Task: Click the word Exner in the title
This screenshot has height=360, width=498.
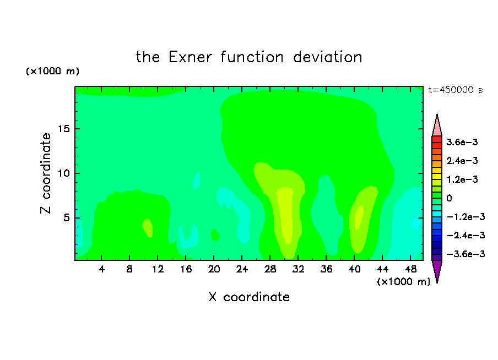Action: [x=190, y=57]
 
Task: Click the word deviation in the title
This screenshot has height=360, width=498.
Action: [x=327, y=57]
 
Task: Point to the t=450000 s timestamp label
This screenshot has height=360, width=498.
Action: [x=456, y=90]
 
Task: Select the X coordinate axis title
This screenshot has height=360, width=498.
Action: [x=249, y=297]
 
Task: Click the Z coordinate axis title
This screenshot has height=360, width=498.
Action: [x=46, y=173]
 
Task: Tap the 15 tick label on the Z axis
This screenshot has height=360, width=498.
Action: [x=63, y=129]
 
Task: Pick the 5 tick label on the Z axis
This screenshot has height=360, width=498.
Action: [x=67, y=218]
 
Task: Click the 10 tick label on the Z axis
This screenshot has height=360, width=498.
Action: [x=63, y=173]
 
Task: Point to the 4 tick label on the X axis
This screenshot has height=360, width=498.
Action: [x=101, y=269]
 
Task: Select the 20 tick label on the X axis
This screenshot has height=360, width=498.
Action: [x=214, y=269]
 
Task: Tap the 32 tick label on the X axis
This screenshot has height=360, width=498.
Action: [x=298, y=269]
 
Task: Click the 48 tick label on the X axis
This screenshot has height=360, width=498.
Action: [x=410, y=269]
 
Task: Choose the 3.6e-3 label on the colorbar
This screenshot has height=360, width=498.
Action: [x=462, y=142]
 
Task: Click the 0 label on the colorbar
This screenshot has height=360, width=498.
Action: [x=449, y=198]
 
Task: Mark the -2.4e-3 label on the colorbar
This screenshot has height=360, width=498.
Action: [x=465, y=235]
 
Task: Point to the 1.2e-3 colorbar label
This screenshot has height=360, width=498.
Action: [x=462, y=179]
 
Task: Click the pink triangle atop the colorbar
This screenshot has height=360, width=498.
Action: [x=437, y=127]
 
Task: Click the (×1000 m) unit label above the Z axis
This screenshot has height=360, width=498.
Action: [x=52, y=71]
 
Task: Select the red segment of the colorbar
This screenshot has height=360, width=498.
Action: [x=437, y=139]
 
